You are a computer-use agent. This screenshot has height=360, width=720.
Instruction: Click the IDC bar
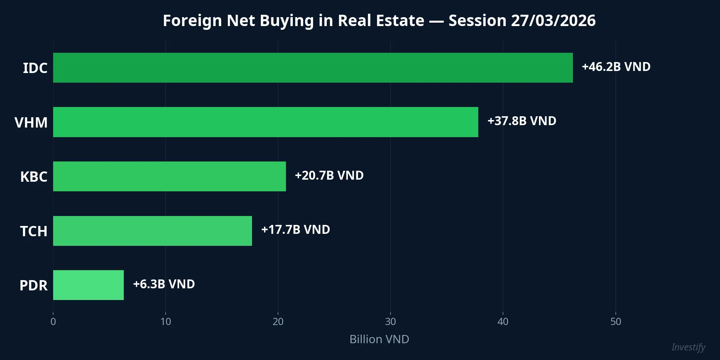tap(313, 68)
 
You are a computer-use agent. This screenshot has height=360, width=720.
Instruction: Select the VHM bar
tap(266, 122)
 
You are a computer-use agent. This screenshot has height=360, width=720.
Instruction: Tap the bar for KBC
tap(169, 176)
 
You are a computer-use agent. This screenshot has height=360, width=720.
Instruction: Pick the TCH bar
tap(153, 231)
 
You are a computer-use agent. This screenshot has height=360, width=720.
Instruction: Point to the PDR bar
tap(88, 285)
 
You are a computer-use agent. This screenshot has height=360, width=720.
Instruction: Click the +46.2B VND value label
tap(616, 67)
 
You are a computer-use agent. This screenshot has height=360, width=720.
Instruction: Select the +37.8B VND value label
tap(522, 121)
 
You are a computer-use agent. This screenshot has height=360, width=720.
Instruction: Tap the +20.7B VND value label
tap(329, 176)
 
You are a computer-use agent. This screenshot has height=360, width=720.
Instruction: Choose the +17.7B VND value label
tap(296, 230)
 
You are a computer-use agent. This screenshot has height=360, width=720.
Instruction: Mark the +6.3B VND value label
tap(164, 284)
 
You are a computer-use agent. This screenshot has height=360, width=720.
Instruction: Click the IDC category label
tap(35, 68)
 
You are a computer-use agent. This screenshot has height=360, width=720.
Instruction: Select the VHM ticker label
tap(31, 122)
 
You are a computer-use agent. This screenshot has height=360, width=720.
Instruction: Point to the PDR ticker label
tap(33, 285)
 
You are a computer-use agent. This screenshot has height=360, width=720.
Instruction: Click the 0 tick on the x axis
tap(53, 322)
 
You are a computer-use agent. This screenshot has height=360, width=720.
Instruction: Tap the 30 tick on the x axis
tap(391, 322)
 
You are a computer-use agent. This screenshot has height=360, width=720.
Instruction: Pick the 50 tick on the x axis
tap(615, 322)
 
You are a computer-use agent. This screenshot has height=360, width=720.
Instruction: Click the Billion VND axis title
tap(379, 339)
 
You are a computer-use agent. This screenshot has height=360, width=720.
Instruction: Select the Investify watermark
tap(688, 347)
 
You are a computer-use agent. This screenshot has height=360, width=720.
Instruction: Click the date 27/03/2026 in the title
tap(553, 21)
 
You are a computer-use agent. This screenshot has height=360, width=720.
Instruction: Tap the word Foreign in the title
tap(192, 21)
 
